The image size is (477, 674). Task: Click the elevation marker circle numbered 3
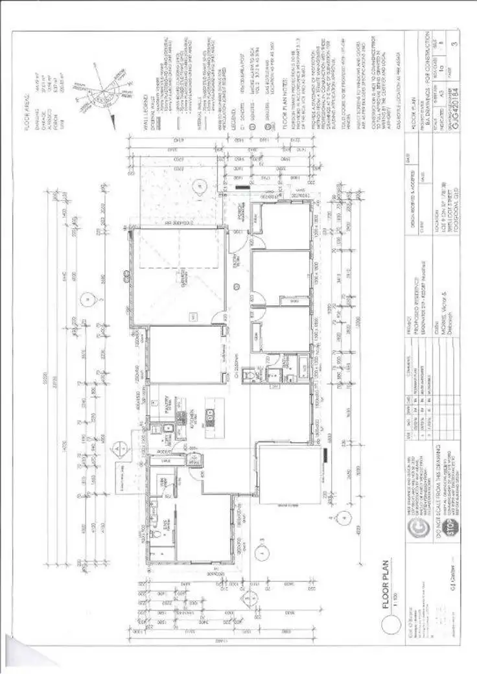click(x=260, y=552)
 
